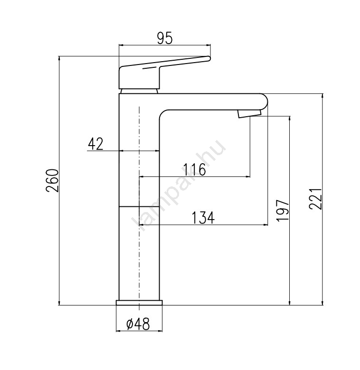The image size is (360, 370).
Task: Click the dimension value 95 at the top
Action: click(x=165, y=38)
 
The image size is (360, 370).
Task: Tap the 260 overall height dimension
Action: click(x=53, y=181)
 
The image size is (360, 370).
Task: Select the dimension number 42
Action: click(x=95, y=144)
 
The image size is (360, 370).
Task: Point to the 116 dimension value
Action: click(x=194, y=169)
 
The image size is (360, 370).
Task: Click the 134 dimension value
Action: click(x=203, y=218)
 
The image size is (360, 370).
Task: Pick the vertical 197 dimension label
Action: click(x=283, y=210)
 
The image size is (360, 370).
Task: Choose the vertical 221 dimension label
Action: click(x=316, y=199)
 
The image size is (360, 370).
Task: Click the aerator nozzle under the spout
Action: click(x=249, y=113)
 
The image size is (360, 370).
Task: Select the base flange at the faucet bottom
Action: click(x=139, y=303)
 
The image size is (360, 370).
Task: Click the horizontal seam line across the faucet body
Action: click(x=139, y=206)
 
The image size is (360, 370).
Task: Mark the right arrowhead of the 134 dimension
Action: click(x=266, y=225)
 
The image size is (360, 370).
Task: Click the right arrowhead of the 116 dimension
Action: click(x=248, y=176)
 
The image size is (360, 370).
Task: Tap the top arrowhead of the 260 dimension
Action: click(x=59, y=58)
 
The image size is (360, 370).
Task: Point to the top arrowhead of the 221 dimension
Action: click(x=322, y=96)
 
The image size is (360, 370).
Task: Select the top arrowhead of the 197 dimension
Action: click(x=290, y=118)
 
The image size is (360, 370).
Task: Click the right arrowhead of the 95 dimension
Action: click(x=208, y=45)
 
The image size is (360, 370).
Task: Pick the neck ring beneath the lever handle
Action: click(x=139, y=91)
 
